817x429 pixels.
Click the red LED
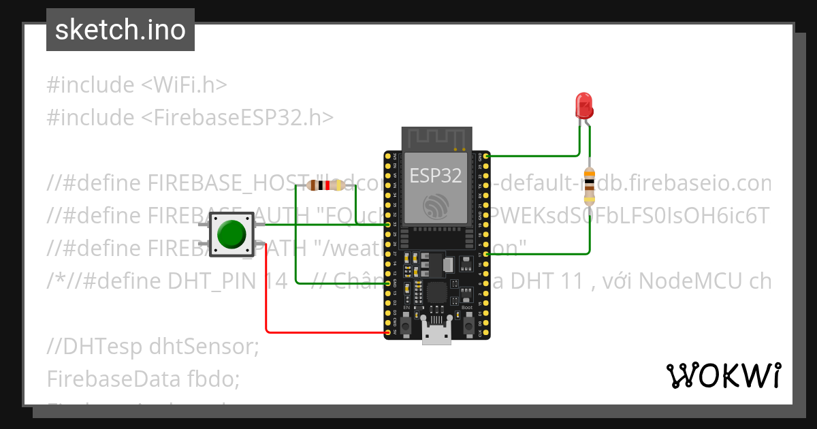(x=584, y=106)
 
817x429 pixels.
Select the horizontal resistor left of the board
(x=323, y=185)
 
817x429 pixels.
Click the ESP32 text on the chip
(x=436, y=176)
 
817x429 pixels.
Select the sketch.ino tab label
(x=121, y=30)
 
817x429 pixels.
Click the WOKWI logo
(x=723, y=376)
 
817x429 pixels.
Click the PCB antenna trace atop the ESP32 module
(x=436, y=140)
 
